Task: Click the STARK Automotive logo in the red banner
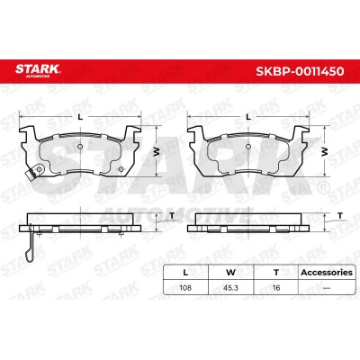tap(38, 71)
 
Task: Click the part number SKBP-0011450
tap(300, 71)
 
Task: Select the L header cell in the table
tap(185, 273)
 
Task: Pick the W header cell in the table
tap(230, 273)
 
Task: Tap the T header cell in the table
tap(276, 273)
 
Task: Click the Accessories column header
tap(327, 273)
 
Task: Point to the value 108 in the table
tap(185, 288)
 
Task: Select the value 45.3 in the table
tap(230, 288)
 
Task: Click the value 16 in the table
tap(276, 288)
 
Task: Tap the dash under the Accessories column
tap(327, 288)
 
